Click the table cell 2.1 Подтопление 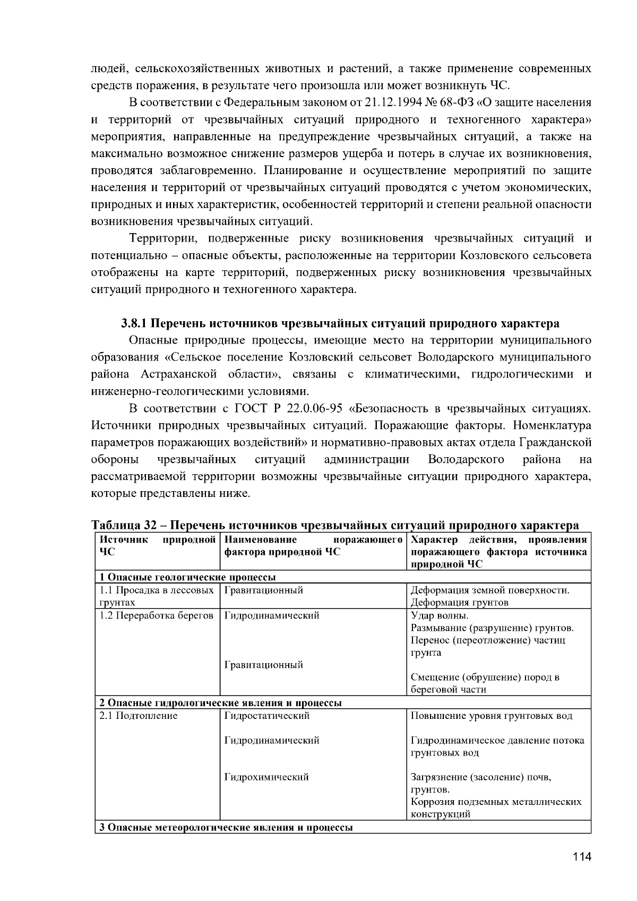pyautogui.click(x=139, y=716)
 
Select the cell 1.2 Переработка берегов pyautogui.click(x=157, y=615)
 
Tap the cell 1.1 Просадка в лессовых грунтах pyautogui.click(x=157, y=596)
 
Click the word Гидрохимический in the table pyautogui.click(x=266, y=777)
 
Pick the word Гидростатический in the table pyautogui.click(x=267, y=716)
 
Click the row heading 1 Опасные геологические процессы pyautogui.click(x=187, y=577)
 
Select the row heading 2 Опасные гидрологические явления pyautogui.click(x=220, y=703)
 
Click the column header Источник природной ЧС pyautogui.click(x=157, y=546)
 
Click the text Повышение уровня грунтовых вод pyautogui.click(x=492, y=716)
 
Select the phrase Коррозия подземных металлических pyautogui.click(x=496, y=802)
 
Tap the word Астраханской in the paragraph pyautogui.click(x=179, y=374)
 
